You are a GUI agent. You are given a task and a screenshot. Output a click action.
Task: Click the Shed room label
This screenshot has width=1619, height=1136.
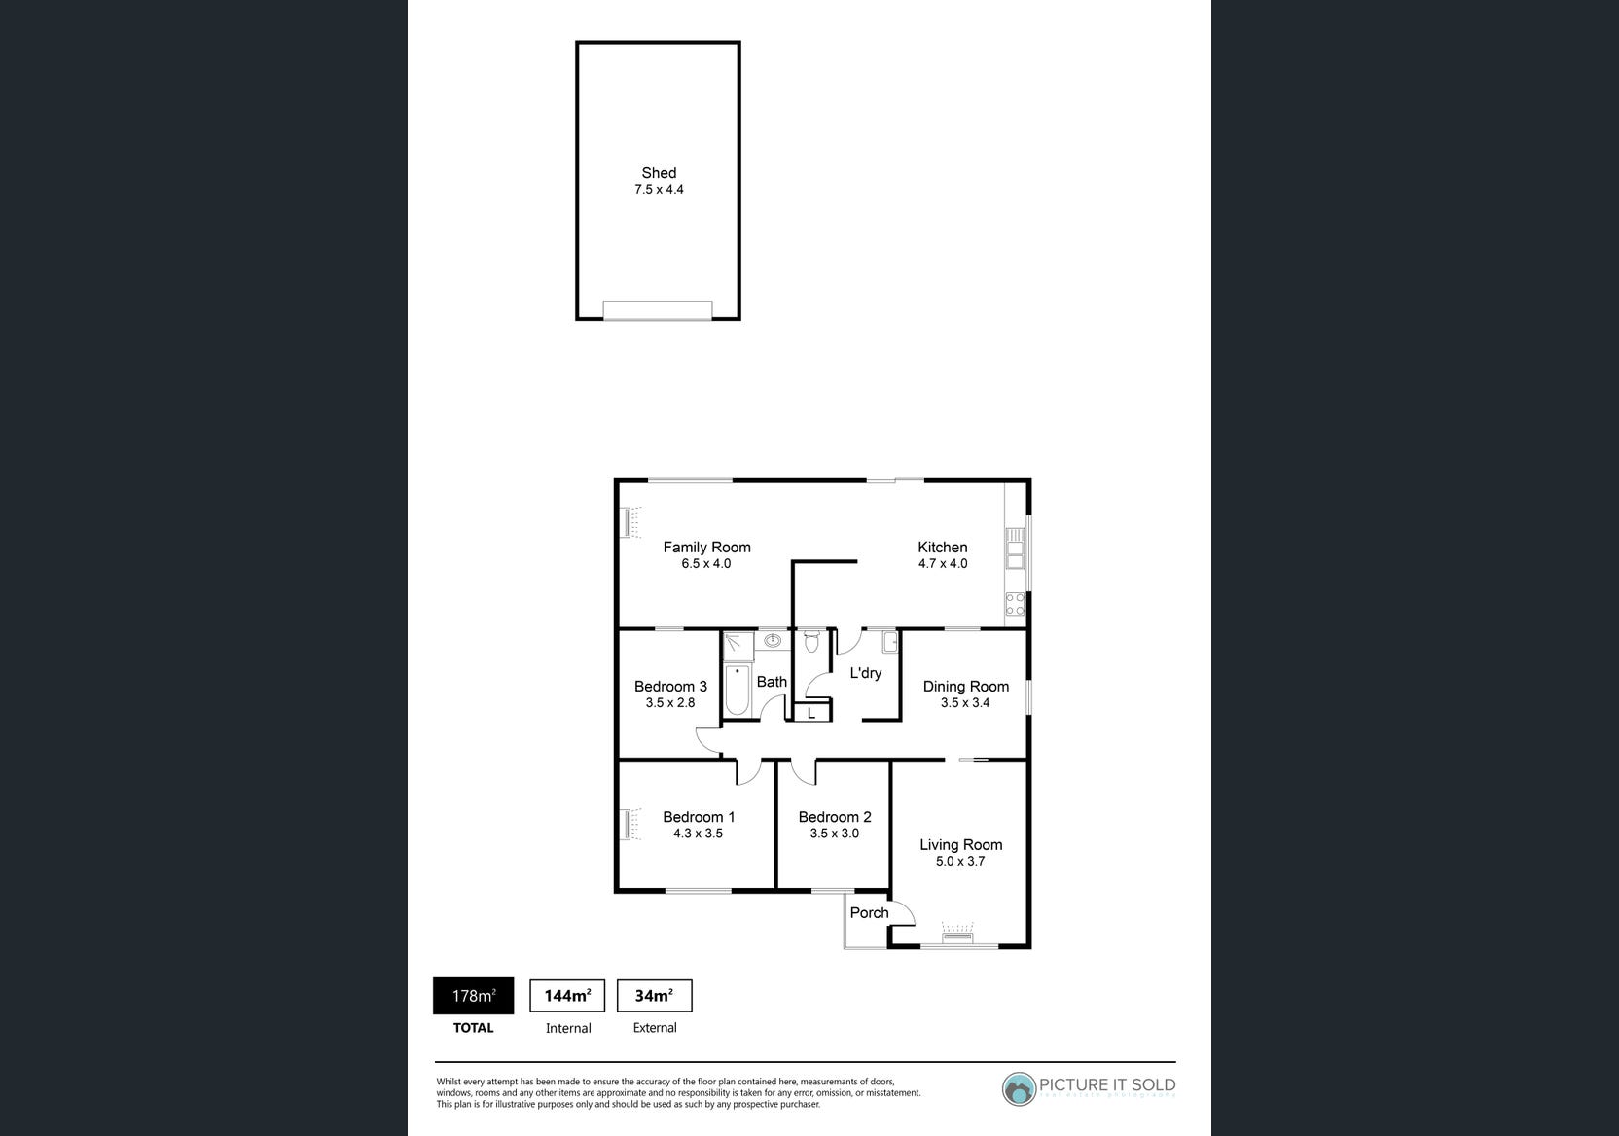[x=659, y=173]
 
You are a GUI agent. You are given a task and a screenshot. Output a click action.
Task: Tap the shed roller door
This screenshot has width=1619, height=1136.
[x=658, y=310]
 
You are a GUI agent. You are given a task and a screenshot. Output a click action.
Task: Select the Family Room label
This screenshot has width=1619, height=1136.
[x=706, y=548]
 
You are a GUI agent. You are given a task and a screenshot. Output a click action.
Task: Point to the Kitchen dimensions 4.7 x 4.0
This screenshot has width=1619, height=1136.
[x=943, y=564]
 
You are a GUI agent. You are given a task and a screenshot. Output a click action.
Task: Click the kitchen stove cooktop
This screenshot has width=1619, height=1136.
[x=1015, y=604]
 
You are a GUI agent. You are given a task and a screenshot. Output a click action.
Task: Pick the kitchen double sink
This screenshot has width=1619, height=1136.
[x=1015, y=548]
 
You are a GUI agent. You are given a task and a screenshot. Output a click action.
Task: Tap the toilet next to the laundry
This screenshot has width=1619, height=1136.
[x=812, y=643]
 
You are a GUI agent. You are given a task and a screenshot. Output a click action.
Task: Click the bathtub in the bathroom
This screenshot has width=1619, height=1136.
[x=738, y=690]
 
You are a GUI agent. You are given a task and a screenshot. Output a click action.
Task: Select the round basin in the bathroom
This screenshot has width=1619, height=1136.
[x=774, y=640]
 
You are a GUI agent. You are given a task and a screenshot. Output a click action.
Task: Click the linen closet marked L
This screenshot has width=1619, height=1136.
[x=811, y=713]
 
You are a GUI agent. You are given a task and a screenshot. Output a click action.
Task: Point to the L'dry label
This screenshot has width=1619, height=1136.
[x=865, y=673]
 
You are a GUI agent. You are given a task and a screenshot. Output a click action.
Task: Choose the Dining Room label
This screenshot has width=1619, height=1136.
[x=965, y=687]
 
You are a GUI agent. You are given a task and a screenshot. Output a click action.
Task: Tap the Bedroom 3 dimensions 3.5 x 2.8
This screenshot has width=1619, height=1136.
[x=670, y=702]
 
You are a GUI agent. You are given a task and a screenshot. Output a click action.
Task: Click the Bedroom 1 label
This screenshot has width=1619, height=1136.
[x=699, y=817]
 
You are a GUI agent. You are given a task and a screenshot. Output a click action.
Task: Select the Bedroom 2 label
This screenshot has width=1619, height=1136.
[x=835, y=817]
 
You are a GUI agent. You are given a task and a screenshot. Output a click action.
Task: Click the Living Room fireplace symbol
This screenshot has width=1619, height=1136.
[x=957, y=935]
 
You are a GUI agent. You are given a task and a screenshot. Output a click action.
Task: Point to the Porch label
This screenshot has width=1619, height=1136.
[x=869, y=912]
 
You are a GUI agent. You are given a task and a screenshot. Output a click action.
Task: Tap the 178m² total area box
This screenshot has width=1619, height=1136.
[x=473, y=996]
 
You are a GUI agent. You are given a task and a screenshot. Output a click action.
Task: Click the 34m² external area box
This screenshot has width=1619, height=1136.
[x=654, y=996]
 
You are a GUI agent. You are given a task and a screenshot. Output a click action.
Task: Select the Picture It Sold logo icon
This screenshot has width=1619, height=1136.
[x=1019, y=1089]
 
